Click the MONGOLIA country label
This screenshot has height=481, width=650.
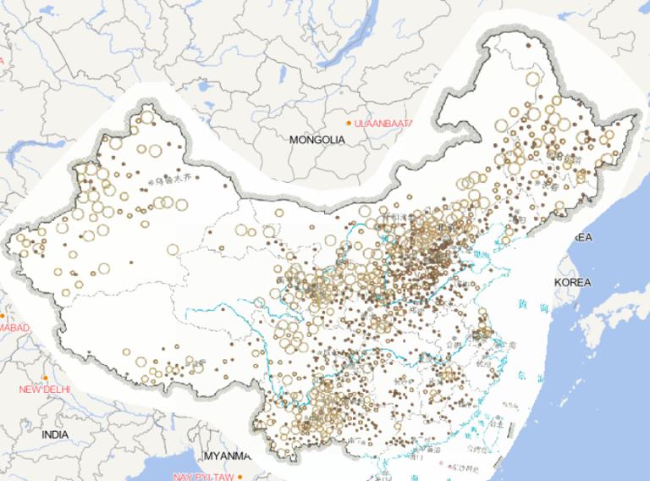click(x=317, y=140)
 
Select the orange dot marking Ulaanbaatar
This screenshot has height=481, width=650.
click(x=348, y=123)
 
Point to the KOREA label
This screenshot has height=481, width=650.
click(x=573, y=281)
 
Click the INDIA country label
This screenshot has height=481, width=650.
click(x=55, y=434)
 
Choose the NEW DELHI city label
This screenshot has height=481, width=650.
click(x=45, y=390)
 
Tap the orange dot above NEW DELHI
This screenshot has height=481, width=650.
click(x=45, y=378)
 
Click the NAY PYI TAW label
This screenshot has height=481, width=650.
click(x=203, y=477)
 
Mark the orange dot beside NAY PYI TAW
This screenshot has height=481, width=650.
click(x=240, y=476)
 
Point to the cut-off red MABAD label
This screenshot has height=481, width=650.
click(x=14, y=328)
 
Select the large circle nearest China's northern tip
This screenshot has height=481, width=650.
click(x=532, y=79)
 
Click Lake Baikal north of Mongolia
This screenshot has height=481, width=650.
click(x=355, y=38)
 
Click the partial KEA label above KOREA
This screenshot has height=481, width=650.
click(x=582, y=237)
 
